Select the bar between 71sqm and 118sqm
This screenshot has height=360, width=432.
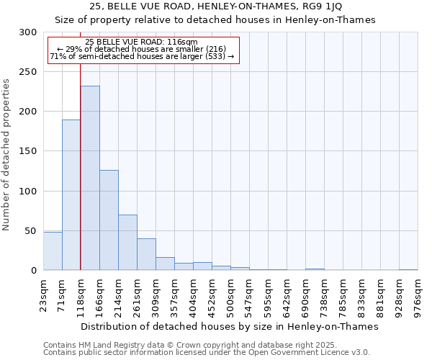pos(71,194)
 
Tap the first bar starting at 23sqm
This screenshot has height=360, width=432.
pos(53,251)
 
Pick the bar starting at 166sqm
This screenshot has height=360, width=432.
pos(109,220)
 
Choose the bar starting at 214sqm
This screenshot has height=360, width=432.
pos(127,242)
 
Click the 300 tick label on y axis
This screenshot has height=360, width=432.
pos(27,32)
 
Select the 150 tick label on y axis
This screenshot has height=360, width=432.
pos(27,151)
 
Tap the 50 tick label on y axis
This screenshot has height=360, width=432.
pos(30,231)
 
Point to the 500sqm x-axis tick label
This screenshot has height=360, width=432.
pos(230,295)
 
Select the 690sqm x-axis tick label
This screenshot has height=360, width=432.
pos(305,295)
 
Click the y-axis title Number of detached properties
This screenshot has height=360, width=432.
pos(6,155)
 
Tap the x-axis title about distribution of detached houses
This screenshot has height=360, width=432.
pos(230,326)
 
